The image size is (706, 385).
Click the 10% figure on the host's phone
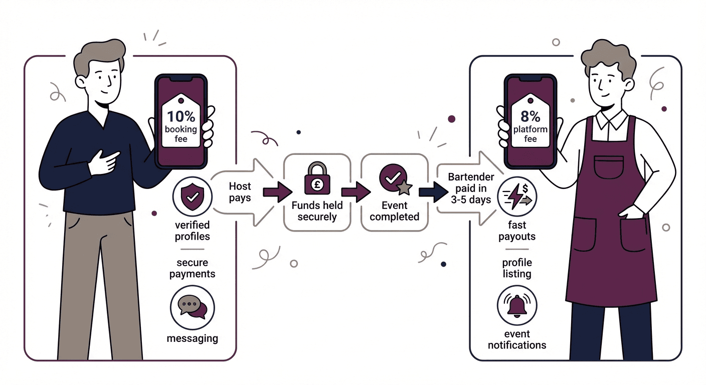(181, 116)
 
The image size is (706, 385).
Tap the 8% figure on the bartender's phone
(530, 117)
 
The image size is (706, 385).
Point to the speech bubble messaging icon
(193, 306)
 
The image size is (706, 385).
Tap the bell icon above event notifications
(516, 305)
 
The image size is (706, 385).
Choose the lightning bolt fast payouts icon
(517, 197)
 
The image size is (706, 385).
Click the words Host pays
(240, 192)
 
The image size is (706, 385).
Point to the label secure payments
(192, 268)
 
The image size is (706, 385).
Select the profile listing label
(516, 268)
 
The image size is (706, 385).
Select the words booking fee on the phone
(181, 133)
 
